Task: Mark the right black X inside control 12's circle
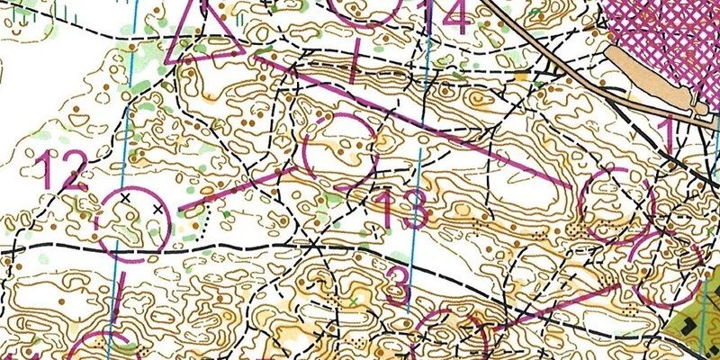click(159, 209)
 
